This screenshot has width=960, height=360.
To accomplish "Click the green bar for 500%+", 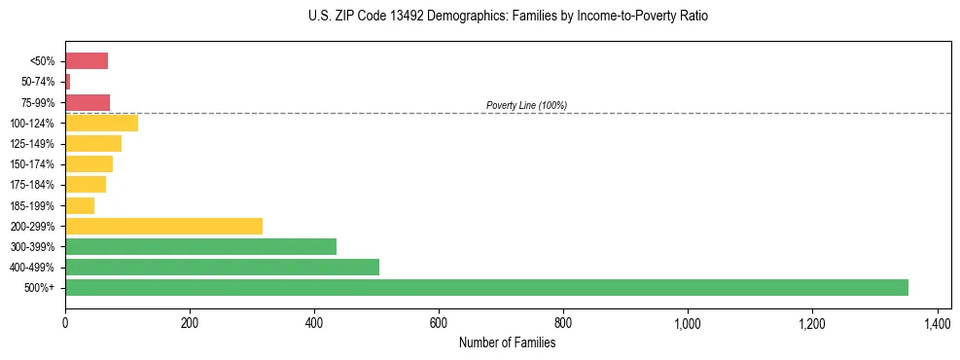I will pos(486,287).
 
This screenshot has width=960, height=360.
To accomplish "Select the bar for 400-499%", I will pos(222,267).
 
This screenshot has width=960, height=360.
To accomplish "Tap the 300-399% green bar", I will pos(200,246).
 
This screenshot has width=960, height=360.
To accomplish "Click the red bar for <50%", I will pos(87,60).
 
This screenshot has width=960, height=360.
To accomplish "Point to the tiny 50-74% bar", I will pos(68,82).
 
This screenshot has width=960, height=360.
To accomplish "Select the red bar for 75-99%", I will pos(88,102).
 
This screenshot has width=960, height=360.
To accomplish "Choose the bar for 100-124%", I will pos(101,123).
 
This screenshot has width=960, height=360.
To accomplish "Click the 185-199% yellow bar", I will pos(80,205).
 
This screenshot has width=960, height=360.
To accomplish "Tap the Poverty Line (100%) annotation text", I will pos(526,105).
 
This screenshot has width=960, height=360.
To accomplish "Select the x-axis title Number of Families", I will pos(508,342).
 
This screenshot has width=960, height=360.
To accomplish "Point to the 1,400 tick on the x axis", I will pos(937,322).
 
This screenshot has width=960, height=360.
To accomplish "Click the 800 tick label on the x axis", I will pos(563,322).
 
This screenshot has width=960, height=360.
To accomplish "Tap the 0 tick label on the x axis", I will pos(65,322).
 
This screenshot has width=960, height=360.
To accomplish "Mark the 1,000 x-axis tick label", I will pos(688,322).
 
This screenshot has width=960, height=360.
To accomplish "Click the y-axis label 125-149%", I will pos(32,144).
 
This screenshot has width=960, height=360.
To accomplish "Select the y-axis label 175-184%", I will pos(32,185).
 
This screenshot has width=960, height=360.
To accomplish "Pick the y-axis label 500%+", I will pos(39,288).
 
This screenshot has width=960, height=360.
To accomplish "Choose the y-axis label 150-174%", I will pos(32,164).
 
